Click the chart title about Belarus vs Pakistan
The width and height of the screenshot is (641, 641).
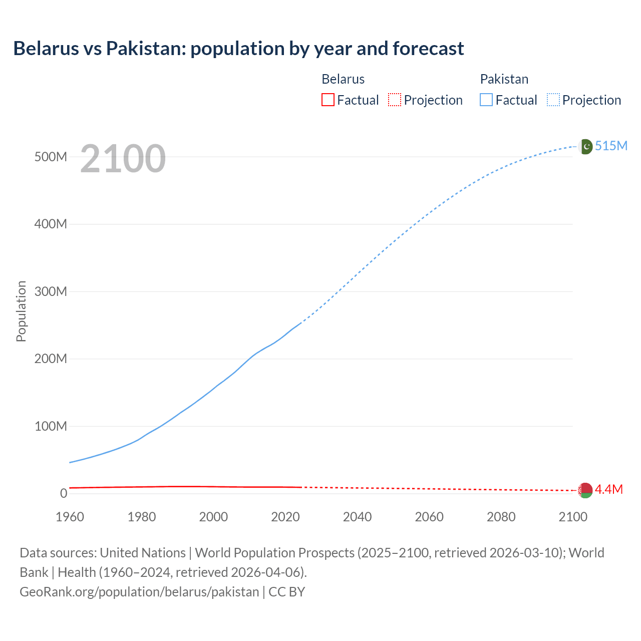click(238, 49)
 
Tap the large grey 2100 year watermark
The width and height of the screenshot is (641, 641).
click(123, 159)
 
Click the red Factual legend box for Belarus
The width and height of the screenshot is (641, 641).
click(328, 100)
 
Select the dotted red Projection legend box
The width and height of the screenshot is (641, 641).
click(395, 100)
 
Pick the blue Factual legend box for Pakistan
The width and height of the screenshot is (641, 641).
click(486, 100)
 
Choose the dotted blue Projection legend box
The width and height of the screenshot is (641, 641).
click(553, 100)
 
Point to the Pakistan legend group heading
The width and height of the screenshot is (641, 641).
click(504, 79)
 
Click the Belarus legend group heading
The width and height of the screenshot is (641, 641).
click(343, 79)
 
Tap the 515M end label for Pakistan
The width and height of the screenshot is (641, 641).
click(611, 146)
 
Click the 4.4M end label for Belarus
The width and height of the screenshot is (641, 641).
click(608, 489)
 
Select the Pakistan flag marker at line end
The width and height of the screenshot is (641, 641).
click(585, 146)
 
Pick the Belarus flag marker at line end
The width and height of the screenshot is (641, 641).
click(585, 490)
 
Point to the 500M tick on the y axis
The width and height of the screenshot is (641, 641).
click(51, 157)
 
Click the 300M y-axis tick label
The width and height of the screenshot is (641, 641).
click(51, 291)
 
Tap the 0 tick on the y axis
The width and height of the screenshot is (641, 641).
click(63, 493)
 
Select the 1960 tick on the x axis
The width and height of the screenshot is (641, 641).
click(70, 517)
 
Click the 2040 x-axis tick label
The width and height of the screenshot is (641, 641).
click(357, 517)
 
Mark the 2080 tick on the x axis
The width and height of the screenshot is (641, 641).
click(501, 517)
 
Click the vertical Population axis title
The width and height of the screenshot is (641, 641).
click(21, 311)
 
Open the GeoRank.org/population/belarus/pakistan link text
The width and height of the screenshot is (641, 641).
click(139, 591)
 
